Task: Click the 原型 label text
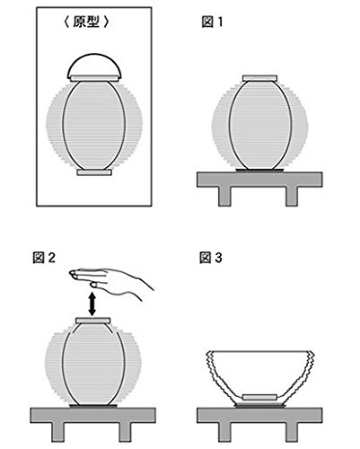coord(86,22)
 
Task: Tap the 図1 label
coord(212,22)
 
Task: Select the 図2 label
coord(44,258)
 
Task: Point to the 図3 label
coord(211,258)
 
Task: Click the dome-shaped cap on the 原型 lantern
coord(94,65)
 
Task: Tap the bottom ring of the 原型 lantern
coord(94,172)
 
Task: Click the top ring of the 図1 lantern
coord(259,78)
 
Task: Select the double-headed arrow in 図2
coord(92,304)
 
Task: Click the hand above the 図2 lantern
coord(110,281)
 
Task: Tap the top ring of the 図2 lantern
coord(93,321)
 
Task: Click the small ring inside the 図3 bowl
coord(259,398)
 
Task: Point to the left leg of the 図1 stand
coord(224,197)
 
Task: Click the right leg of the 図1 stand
coord(292,197)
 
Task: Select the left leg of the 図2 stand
coord(57,432)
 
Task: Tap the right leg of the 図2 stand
coord(125,432)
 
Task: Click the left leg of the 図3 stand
coord(224,432)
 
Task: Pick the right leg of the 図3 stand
coord(292,432)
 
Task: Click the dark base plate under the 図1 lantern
coord(259,171)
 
